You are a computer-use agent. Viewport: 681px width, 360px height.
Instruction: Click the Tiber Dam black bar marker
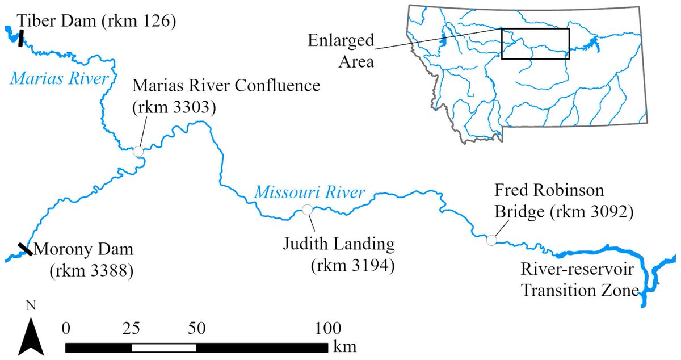[20, 38]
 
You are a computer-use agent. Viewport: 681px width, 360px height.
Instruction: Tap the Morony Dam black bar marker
[24, 249]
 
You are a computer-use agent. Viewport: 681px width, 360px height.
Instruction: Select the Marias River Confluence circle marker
[137, 151]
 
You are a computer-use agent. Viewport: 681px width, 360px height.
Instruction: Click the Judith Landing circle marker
[307, 210]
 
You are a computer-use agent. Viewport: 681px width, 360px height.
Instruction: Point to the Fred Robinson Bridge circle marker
[491, 240]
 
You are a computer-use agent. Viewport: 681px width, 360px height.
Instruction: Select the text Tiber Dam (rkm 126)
[96, 21]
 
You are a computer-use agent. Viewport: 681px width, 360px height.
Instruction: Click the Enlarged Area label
[341, 50]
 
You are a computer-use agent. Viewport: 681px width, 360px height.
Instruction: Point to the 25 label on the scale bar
[132, 328]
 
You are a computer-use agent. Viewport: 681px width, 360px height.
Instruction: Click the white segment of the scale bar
[164, 347]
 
